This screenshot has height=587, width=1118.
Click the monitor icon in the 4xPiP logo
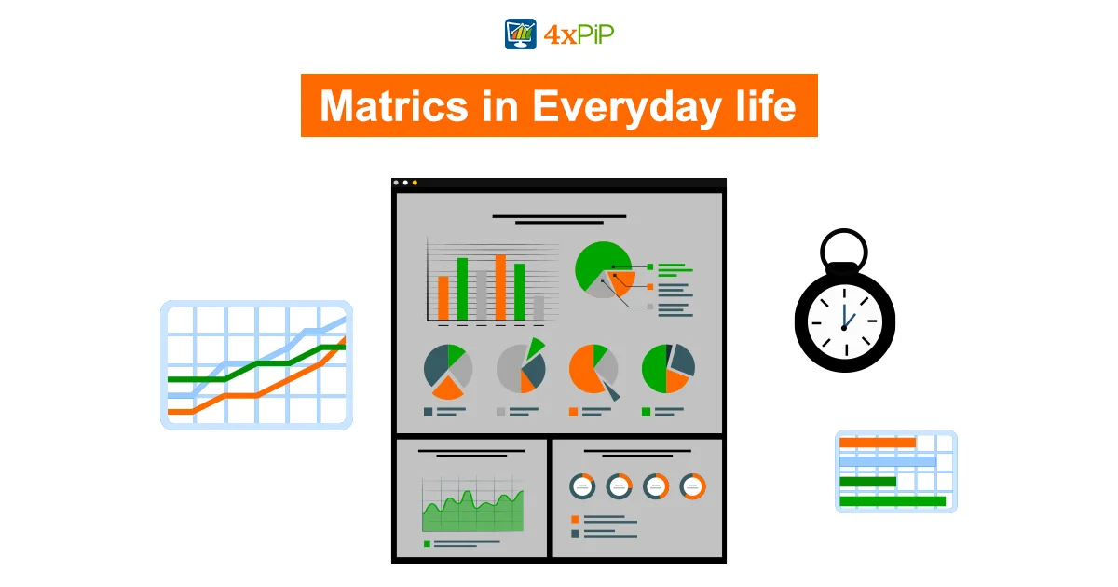coord(521,34)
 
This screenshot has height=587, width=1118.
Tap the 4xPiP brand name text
coord(579,35)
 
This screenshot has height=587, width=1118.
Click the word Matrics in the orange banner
coord(394,106)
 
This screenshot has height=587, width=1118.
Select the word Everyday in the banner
coord(626,107)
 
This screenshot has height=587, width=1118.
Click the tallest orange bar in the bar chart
coord(500,288)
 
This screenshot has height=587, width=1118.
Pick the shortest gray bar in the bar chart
coord(539,308)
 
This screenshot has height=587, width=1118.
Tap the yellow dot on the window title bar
coord(415,183)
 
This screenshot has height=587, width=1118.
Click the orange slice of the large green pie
coord(622,282)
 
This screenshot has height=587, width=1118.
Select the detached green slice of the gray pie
coord(535,348)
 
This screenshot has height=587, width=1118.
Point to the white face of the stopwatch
coord(844,322)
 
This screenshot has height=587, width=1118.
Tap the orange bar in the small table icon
coord(878,443)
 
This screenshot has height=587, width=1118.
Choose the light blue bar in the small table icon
coord(887,462)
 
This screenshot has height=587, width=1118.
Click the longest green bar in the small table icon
coord(893,501)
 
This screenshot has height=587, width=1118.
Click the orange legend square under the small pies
coord(574,412)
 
